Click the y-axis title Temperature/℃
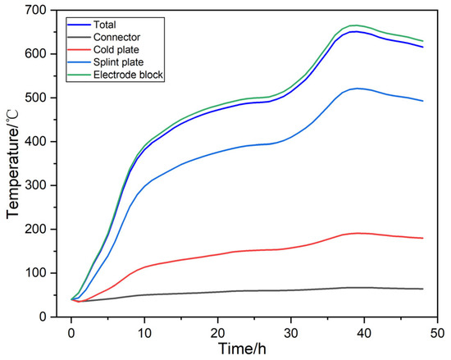pos(14,164)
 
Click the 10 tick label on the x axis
pos(143,331)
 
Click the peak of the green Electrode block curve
pos(354,25)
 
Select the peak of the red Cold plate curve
pos(356,233)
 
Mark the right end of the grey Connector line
pos(422,289)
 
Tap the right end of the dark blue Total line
pos(422,47)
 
